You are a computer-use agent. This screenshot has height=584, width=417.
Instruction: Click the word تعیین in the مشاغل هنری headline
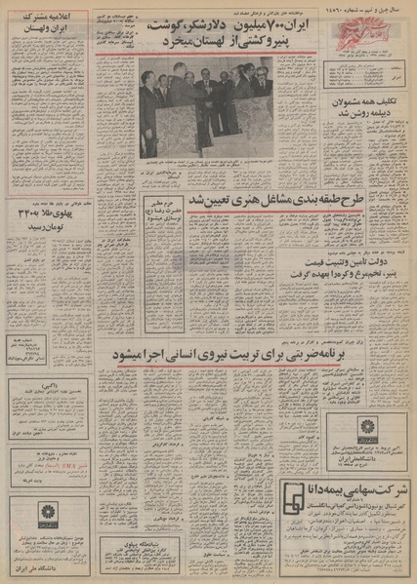point(195,200)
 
